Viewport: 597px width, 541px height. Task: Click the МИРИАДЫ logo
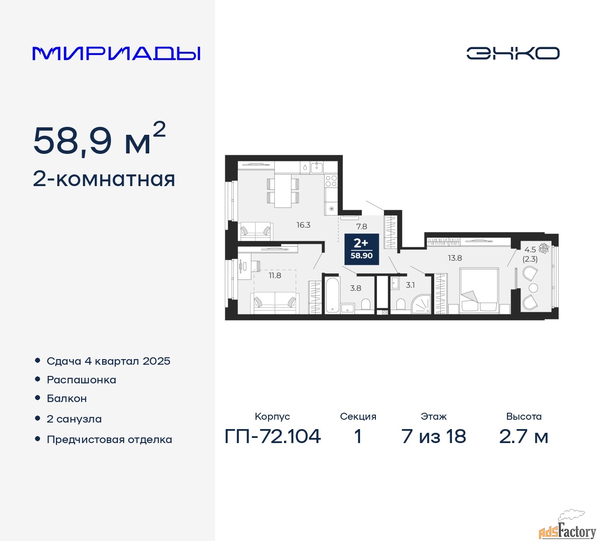coord(116,54)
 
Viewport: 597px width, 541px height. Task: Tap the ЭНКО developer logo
coord(513,53)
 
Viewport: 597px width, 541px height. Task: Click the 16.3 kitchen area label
coord(303,225)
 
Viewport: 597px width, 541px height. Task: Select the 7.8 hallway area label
coord(361,227)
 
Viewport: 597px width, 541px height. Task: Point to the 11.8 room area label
coord(275,276)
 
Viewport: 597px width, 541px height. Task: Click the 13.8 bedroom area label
coord(455,258)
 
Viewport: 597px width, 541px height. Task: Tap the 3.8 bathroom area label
coord(356,288)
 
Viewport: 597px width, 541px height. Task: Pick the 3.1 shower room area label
coord(410,285)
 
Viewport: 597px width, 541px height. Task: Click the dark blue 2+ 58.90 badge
coord(361,249)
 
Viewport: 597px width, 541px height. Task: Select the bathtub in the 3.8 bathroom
coord(332,295)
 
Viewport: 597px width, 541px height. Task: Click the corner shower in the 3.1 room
coord(421,304)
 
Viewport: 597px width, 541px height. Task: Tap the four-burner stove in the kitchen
coord(331,180)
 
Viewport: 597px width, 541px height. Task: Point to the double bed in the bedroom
coord(479,291)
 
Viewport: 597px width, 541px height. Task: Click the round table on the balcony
coord(533,288)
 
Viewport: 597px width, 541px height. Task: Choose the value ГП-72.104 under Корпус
coord(272,437)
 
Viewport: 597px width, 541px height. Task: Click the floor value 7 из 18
coord(434,437)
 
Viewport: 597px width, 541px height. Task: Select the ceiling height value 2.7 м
coord(523,437)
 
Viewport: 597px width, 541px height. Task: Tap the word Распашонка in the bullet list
coord(82,380)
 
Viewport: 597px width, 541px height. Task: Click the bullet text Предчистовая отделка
coord(110,439)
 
